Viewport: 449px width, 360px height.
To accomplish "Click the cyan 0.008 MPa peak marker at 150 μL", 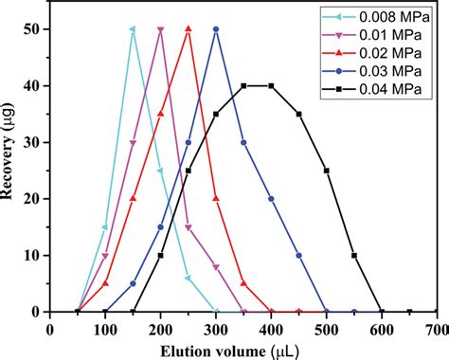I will coord(133,29).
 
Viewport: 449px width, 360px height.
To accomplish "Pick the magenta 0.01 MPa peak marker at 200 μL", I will coord(160,29).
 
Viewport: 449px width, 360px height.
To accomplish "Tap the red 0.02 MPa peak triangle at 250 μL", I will coord(189,29).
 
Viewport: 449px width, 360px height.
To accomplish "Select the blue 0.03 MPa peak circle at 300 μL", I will coord(216,29).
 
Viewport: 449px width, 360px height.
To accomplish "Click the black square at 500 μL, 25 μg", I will coord(327,171).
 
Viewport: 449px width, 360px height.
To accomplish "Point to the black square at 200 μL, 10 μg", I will coord(160,255).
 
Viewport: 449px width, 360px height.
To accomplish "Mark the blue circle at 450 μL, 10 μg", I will coord(299,255).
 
